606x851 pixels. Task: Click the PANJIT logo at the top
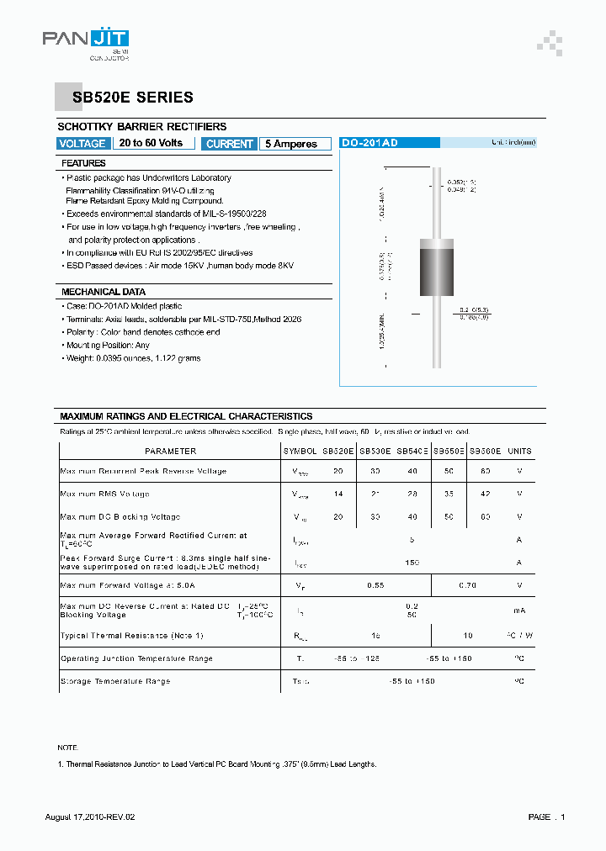(x=86, y=40)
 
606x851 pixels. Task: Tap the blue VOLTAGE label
(x=82, y=144)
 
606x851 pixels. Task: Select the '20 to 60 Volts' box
(x=151, y=143)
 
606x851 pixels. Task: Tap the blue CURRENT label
(x=229, y=144)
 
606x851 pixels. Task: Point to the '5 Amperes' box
(x=291, y=144)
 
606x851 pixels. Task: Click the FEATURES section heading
(x=84, y=163)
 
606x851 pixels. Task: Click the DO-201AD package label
(x=369, y=144)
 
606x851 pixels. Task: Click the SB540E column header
(x=412, y=452)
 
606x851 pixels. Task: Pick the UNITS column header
(x=519, y=452)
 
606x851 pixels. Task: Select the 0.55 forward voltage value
(x=376, y=584)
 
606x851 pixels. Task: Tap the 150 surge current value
(x=412, y=562)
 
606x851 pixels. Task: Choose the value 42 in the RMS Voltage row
(x=485, y=494)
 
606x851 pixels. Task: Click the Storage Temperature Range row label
(x=115, y=681)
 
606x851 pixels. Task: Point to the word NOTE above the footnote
(x=67, y=748)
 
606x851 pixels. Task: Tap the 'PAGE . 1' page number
(x=546, y=817)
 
